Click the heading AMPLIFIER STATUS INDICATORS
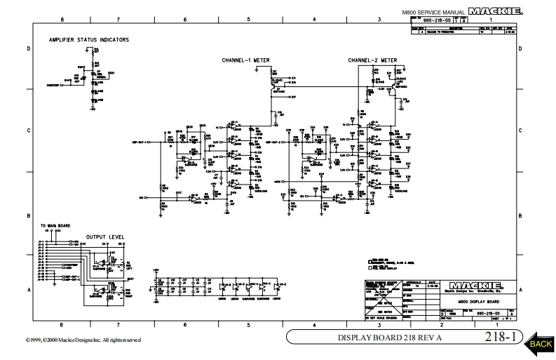coord(88,40)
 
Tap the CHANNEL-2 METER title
coord(372,61)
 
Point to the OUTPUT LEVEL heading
coord(105,236)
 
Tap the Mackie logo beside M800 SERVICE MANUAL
coord(499,12)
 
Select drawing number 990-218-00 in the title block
coord(487,313)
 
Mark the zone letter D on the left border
coord(28,49)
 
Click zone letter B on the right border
coord(520,215)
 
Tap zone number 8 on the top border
coord(62,20)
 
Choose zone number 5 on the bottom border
coord(248,324)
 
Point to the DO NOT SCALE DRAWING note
coord(382,319)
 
